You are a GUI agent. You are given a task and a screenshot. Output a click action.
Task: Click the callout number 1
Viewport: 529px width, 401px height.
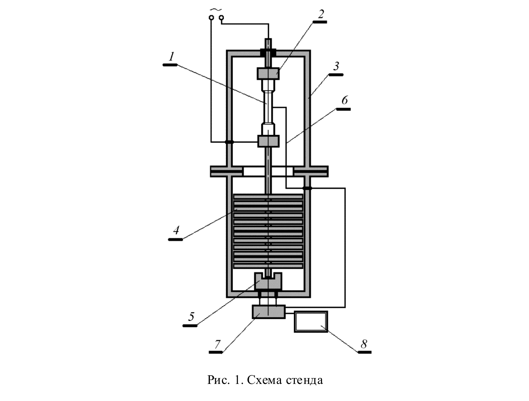[x=171, y=57]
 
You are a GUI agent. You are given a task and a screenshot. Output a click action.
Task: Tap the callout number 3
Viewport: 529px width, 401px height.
[x=336, y=67]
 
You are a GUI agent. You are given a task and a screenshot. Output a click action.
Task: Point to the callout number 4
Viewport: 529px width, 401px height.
[x=176, y=230]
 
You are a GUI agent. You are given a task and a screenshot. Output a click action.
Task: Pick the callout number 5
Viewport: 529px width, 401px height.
[x=191, y=317]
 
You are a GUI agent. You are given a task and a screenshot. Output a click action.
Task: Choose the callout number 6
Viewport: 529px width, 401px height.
[x=344, y=100]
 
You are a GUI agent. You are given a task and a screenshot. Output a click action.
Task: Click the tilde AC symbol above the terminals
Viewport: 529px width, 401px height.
[x=214, y=10]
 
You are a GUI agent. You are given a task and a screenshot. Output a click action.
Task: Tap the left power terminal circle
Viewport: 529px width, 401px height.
[x=211, y=18]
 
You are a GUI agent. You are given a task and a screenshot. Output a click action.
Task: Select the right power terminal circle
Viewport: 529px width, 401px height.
[x=221, y=18]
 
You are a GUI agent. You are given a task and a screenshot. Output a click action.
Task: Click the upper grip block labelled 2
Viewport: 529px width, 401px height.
[x=268, y=73]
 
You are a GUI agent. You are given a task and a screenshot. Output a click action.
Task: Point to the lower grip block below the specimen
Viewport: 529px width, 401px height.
[x=268, y=141]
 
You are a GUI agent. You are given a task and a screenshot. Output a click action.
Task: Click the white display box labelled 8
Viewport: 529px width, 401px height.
[x=311, y=322]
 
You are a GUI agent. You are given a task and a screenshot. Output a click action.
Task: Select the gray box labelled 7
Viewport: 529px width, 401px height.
[x=269, y=312]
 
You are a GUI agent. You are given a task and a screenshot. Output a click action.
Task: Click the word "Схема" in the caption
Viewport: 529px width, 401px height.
[x=265, y=380]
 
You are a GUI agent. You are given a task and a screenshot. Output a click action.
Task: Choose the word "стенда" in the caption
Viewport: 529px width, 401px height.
[x=304, y=380]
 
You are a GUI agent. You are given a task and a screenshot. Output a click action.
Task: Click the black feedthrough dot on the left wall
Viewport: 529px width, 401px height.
[x=229, y=142]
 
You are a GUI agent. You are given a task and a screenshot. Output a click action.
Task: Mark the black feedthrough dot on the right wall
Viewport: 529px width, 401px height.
[x=307, y=188]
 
